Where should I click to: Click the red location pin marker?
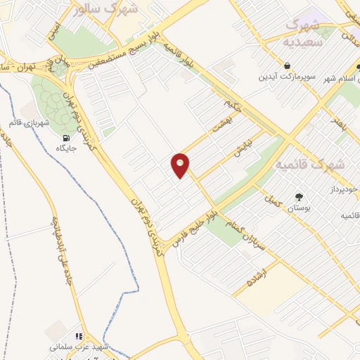coord(181,165)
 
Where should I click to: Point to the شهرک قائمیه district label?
coord(309,165)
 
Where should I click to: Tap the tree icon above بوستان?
coord(300,197)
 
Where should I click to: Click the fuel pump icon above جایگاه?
coord(66,138)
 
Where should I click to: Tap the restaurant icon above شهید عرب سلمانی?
coord(79,337)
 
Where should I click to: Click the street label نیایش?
coord(243,149)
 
